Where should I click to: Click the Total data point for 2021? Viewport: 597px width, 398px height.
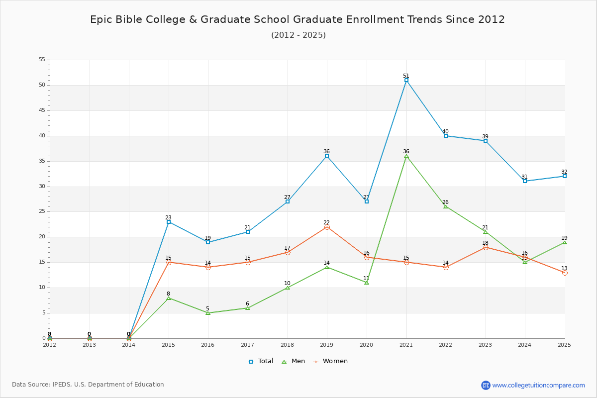406,80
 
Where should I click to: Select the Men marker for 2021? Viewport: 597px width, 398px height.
406,156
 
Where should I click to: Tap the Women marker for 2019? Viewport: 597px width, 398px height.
327,227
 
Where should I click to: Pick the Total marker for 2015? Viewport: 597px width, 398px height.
169,222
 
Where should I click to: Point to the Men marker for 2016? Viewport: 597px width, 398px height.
208,313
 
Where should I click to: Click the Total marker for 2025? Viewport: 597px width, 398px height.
565,176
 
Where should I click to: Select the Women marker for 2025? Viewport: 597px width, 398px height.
565,273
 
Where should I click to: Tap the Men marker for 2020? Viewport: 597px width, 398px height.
367,283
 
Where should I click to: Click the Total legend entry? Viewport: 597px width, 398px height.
261,361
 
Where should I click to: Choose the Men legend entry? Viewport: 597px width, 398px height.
294,361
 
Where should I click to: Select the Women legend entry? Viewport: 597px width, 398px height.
330,361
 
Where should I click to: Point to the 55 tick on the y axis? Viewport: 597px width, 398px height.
42,59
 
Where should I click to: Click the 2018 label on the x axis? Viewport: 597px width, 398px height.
288,345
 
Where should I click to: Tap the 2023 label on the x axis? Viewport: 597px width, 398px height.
485,345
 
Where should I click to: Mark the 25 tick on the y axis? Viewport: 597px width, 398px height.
42,211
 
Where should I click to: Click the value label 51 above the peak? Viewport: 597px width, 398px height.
406,76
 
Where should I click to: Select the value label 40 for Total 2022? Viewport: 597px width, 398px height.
445,131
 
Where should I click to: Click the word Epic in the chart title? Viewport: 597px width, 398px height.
101,20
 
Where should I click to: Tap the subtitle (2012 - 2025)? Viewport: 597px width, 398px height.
298,35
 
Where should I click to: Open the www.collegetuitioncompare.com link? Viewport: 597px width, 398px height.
538,385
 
